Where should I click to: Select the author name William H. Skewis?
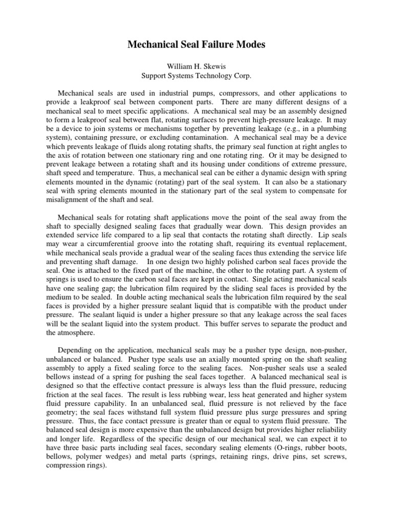(196, 67)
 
